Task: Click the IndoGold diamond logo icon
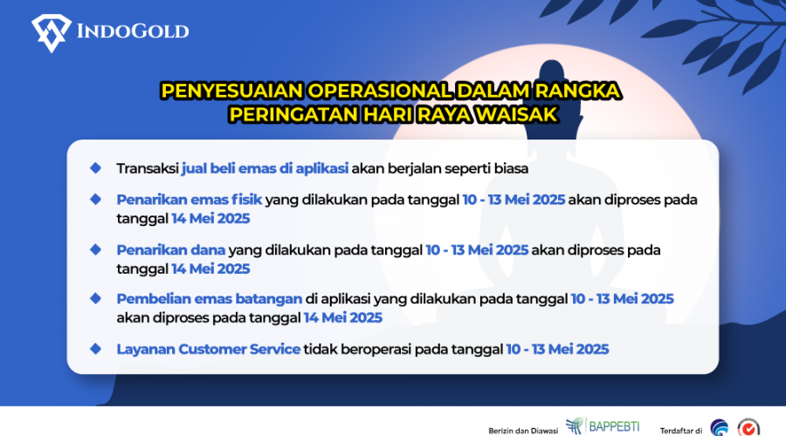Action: (52, 33)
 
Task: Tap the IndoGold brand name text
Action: (133, 31)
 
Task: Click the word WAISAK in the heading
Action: (516, 114)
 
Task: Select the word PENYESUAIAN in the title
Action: (232, 91)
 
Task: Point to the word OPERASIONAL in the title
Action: (380, 91)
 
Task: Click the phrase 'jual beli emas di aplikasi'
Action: (265, 168)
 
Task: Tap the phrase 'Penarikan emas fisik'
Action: (190, 200)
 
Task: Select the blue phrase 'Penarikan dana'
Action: (171, 249)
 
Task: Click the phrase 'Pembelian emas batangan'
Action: (210, 299)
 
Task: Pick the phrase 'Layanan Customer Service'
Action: (209, 349)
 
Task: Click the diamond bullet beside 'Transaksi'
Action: (95, 168)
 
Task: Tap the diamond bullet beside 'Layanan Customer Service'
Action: (95, 349)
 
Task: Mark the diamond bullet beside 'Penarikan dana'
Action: (95, 249)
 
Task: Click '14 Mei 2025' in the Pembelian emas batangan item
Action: (343, 318)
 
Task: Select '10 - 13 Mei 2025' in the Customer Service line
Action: (557, 349)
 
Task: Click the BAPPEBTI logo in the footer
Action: (603, 426)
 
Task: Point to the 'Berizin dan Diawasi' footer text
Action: (523, 431)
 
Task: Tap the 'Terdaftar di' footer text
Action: (680, 431)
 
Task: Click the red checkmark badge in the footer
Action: (748, 428)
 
